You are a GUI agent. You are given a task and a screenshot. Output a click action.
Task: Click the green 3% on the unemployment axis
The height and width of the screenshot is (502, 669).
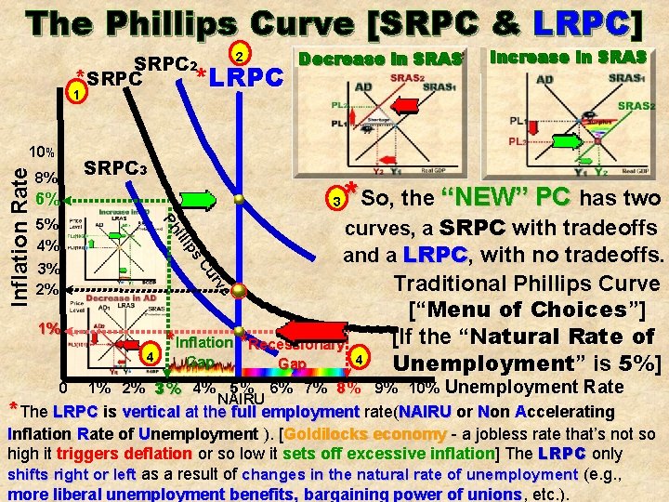(168, 389)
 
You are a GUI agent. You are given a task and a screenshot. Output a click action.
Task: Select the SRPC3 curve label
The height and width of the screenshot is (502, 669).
(114, 171)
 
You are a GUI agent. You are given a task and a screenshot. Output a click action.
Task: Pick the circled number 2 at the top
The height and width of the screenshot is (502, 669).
(239, 54)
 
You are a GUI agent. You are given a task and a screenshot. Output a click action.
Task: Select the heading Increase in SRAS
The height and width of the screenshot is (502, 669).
(567, 58)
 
